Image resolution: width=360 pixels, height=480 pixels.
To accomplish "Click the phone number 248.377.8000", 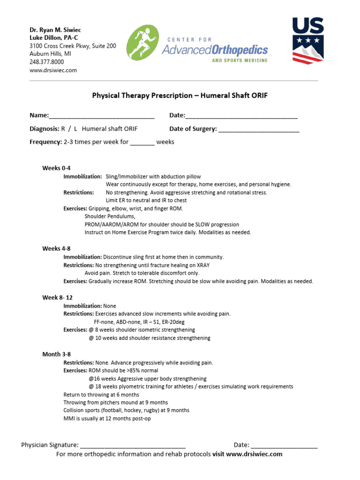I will point(47,62).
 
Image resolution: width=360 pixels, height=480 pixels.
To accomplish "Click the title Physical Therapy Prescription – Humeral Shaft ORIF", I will point(180,95).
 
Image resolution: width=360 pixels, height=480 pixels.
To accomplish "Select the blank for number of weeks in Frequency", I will point(142,142).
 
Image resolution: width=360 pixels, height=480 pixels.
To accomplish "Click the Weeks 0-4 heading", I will point(57,168).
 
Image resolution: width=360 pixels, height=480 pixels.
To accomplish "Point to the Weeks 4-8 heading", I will point(57,248).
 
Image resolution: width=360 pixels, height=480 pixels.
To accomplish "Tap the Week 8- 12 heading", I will point(58,298).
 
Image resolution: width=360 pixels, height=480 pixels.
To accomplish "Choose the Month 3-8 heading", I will point(57,354).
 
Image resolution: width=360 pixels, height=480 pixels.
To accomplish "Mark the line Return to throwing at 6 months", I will point(101,395).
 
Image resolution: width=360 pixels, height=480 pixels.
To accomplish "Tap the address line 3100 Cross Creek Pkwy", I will point(73,46).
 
